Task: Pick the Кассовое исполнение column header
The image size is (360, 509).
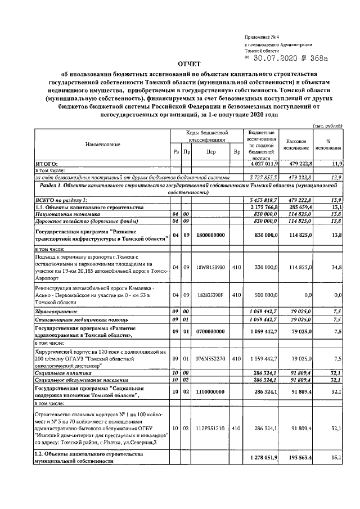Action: click(x=296, y=145)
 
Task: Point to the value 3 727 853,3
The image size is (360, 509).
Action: click(x=262, y=177)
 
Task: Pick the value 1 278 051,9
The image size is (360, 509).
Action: click(x=262, y=458)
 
